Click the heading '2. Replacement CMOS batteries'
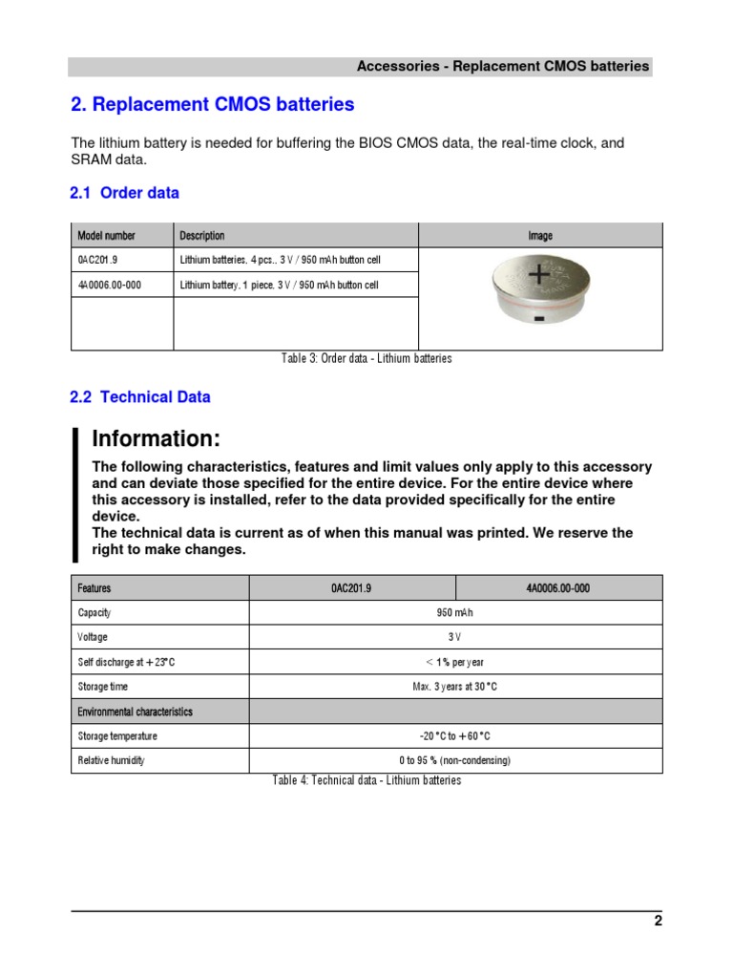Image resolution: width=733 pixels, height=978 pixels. [213, 104]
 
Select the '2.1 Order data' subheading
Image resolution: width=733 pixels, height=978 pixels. [124, 193]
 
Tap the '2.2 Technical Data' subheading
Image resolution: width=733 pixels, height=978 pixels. [140, 397]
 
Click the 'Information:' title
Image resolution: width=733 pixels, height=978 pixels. [156, 439]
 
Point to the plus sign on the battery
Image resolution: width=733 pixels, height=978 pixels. [540, 276]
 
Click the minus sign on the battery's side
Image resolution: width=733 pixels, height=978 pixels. [539, 318]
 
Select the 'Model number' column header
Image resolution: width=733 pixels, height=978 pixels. [106, 236]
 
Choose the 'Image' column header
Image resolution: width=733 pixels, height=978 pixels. [540, 236]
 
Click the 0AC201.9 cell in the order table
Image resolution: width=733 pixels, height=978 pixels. [97, 261]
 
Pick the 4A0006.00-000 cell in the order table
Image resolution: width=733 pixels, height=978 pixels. [110, 286]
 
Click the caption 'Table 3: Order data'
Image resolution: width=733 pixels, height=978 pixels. [366, 359]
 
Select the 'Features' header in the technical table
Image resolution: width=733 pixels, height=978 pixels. [94, 588]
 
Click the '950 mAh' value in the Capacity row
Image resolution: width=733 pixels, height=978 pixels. [455, 613]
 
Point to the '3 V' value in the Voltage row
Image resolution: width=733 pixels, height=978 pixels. [455, 637]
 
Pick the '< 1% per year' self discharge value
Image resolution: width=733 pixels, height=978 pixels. [455, 662]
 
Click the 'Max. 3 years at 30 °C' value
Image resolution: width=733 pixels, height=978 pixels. [455, 687]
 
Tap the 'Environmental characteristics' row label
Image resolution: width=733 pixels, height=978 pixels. [135, 712]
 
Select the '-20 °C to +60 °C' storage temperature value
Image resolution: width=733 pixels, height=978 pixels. [455, 736]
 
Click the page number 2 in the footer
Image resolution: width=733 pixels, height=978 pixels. [658, 922]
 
